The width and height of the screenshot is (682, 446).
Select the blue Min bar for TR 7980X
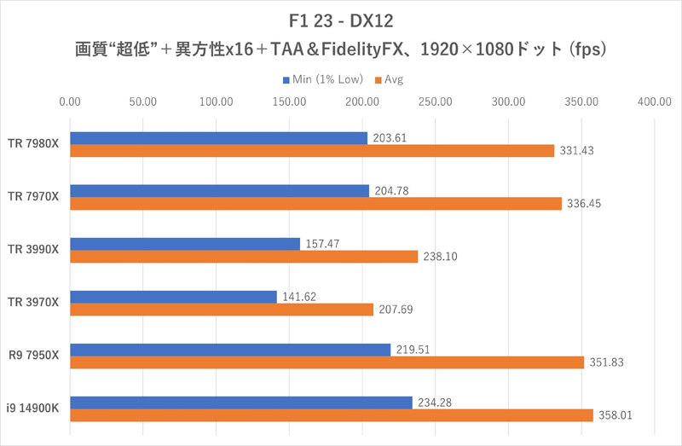pos(218,138)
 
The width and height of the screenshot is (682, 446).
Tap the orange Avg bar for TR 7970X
pos(315,204)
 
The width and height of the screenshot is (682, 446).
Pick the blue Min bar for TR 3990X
pos(185,244)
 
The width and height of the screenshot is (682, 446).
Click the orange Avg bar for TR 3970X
pos(222,310)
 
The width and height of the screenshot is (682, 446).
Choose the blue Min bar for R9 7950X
pos(230,350)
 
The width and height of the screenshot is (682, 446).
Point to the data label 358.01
pos(616,415)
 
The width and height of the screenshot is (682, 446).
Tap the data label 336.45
pos(585,204)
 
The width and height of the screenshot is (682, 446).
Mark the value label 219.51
pos(413,350)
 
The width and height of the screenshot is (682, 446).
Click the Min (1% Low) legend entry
pos(323,79)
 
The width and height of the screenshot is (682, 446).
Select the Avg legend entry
pos(389,79)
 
